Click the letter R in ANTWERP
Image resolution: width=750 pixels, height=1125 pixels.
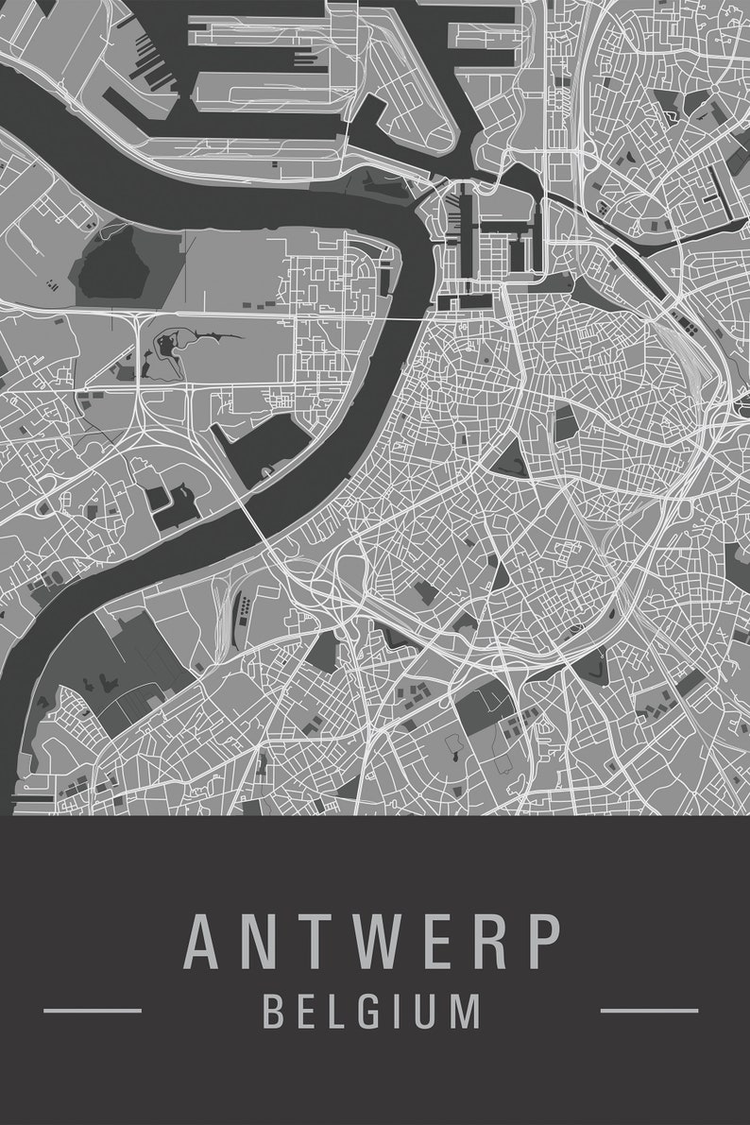(x=486, y=941)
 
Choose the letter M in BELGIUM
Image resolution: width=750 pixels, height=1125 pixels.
(x=464, y=1010)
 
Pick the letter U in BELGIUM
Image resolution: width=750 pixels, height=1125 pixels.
(x=422, y=1010)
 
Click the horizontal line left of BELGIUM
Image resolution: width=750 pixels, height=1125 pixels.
(x=93, y=1010)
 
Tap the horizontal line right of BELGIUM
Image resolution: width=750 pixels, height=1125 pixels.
(x=649, y=1010)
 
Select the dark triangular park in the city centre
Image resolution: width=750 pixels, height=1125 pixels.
(x=510, y=458)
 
